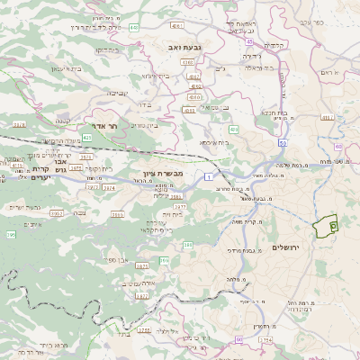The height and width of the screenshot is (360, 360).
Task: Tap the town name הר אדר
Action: [106, 128]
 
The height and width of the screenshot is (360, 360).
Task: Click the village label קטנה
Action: [63, 121]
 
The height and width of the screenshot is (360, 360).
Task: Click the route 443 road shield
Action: [133, 28]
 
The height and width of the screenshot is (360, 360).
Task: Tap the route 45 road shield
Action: [248, 41]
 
